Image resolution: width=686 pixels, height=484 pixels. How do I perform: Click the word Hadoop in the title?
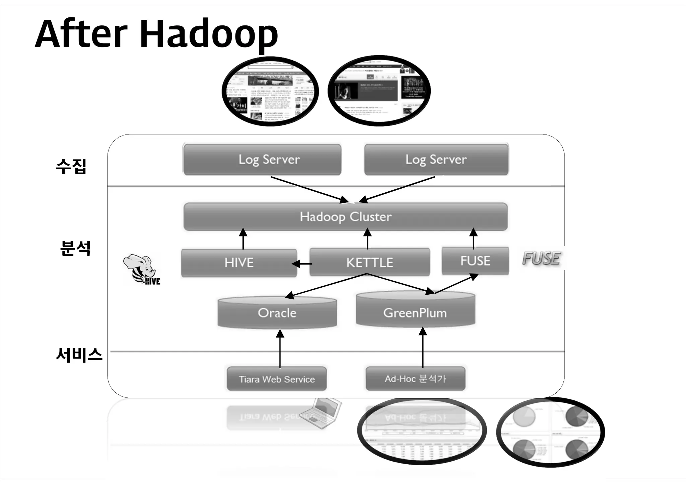(208, 33)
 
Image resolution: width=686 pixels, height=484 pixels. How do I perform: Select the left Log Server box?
(262, 160)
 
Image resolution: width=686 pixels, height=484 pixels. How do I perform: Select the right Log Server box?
(436, 160)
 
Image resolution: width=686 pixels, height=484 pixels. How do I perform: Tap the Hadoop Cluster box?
(345, 217)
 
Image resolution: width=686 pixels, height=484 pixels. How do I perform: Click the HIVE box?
(239, 263)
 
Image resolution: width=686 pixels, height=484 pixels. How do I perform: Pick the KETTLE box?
(369, 263)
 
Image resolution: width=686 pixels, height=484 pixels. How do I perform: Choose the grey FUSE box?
(475, 261)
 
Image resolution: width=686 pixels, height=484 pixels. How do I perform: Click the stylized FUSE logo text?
(541, 259)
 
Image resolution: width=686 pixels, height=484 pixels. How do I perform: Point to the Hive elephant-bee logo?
(141, 270)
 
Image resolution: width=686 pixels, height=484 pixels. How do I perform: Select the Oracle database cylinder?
(277, 313)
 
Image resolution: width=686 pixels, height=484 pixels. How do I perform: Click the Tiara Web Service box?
(277, 379)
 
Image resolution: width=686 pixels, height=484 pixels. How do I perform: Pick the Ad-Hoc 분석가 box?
(415, 379)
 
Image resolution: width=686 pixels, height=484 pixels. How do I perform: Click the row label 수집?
(71, 166)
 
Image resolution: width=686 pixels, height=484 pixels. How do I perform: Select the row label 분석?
(75, 248)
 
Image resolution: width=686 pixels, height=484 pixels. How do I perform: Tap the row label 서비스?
(79, 355)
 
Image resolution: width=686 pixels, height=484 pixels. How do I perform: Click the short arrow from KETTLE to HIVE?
(302, 264)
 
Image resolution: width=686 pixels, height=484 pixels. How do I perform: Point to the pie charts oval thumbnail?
(550, 432)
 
